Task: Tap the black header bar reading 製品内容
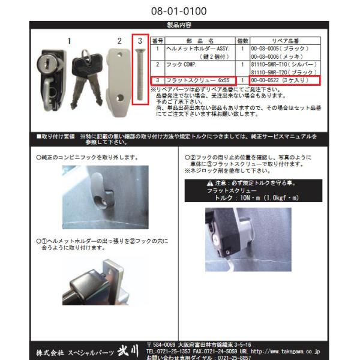[180, 25]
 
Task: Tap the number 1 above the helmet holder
[69, 41]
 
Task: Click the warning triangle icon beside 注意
[209, 183]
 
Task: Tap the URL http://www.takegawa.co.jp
[286, 350]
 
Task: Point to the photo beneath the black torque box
[247, 239]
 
